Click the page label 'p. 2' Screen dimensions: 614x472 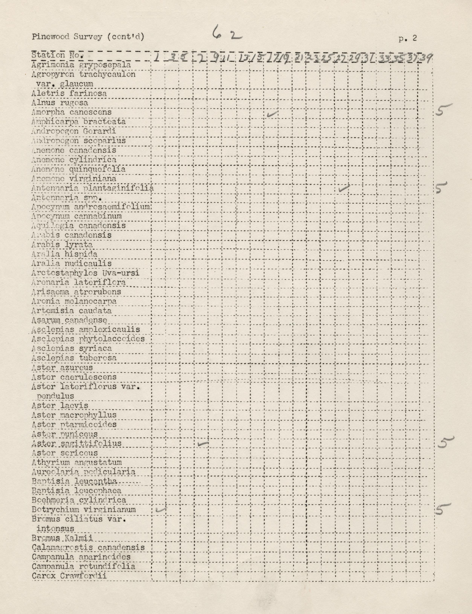point(407,39)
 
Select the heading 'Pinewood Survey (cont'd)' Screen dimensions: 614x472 point(88,37)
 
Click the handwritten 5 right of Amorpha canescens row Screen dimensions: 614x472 point(443,110)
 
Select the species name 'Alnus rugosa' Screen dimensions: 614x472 point(60,103)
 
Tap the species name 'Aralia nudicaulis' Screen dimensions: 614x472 point(71,264)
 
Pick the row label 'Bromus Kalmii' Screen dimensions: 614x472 point(62,538)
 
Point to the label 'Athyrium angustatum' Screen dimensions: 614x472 point(77,462)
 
